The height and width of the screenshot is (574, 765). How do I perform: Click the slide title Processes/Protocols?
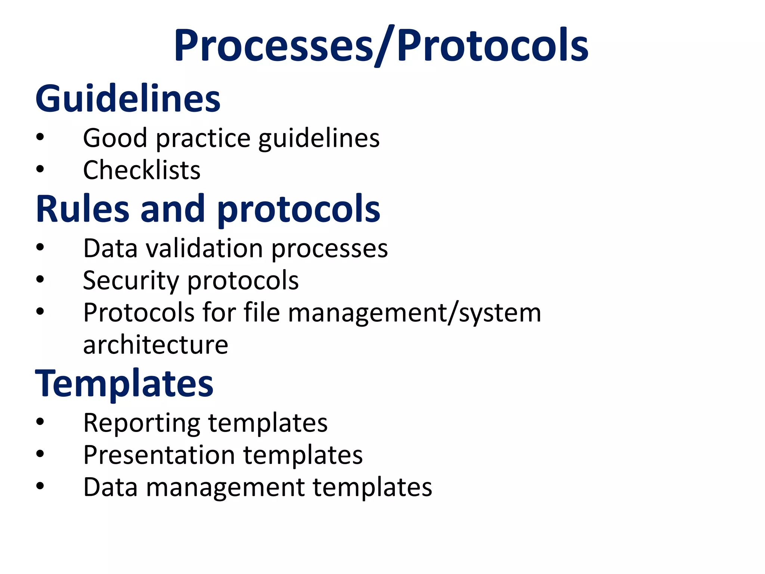tap(381, 46)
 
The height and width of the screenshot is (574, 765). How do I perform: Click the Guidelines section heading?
tap(128, 99)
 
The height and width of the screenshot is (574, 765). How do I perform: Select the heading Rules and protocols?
tap(208, 209)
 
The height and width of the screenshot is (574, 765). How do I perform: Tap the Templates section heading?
tap(124, 384)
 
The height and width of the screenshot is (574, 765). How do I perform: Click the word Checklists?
tap(142, 170)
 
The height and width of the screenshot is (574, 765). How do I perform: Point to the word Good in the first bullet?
tap(115, 138)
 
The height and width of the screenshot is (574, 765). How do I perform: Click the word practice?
tap(203, 139)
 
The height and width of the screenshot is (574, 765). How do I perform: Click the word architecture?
tap(155, 345)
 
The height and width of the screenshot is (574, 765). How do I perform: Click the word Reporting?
tap(142, 424)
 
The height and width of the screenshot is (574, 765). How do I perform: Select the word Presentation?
tap(159, 455)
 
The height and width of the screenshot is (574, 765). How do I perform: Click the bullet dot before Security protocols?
tap(40, 279)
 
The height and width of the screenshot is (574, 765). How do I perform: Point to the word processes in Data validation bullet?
tap(329, 250)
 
